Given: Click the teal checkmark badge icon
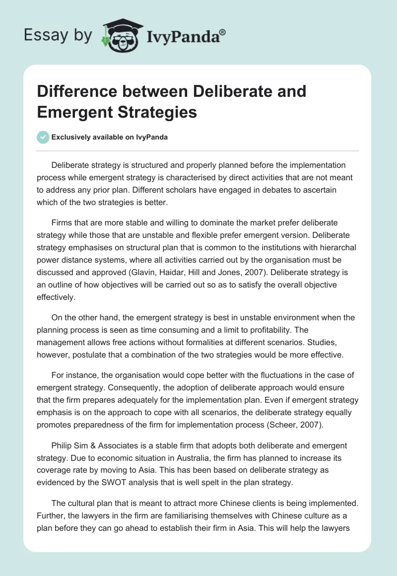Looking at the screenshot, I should pyautogui.click(x=43, y=138).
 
